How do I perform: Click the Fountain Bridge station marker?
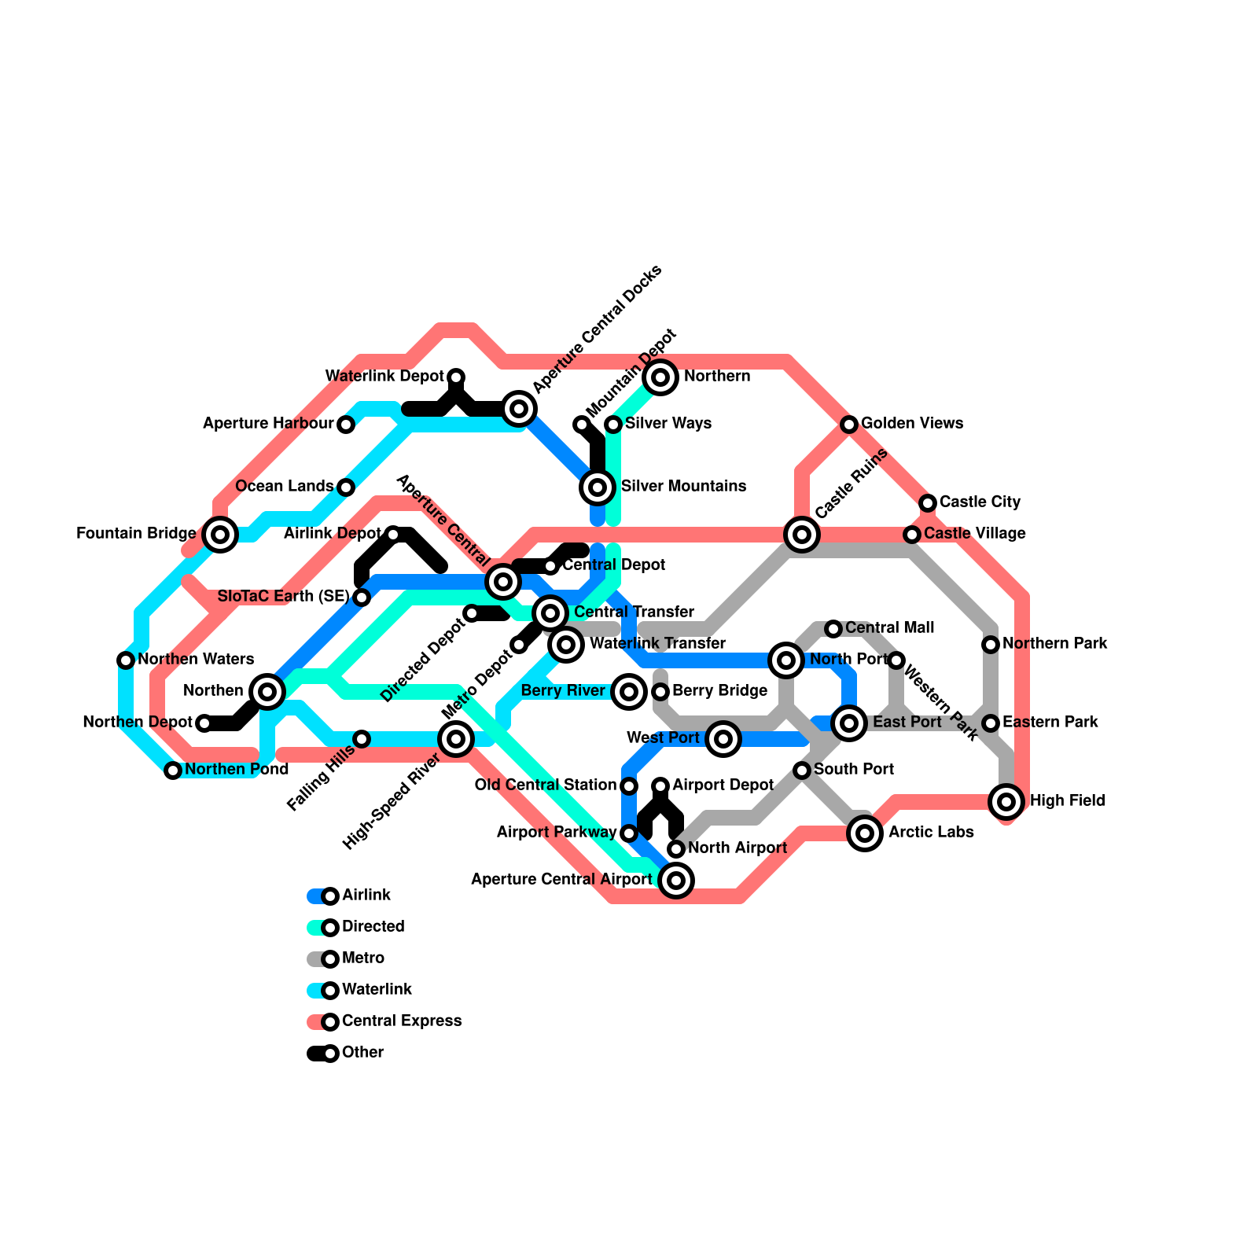(220, 535)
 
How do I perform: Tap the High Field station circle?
(1006, 802)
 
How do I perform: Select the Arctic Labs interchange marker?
(865, 833)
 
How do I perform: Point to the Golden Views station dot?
(849, 425)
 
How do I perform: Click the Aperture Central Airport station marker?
(676, 881)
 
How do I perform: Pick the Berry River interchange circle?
(629, 692)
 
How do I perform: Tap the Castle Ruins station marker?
(802, 535)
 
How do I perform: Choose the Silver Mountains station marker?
(598, 487)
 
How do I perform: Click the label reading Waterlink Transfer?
(657, 644)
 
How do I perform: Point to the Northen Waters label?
(196, 660)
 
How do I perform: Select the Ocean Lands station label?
(285, 487)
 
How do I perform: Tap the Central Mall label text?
(890, 628)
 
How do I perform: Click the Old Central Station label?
(546, 785)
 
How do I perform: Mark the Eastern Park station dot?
(991, 723)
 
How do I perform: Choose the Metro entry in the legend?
(362, 958)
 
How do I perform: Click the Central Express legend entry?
(401, 1021)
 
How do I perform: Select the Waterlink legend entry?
(377, 990)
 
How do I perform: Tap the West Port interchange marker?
(723, 739)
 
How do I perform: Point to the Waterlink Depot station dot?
(456, 377)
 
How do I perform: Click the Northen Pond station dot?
(173, 771)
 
